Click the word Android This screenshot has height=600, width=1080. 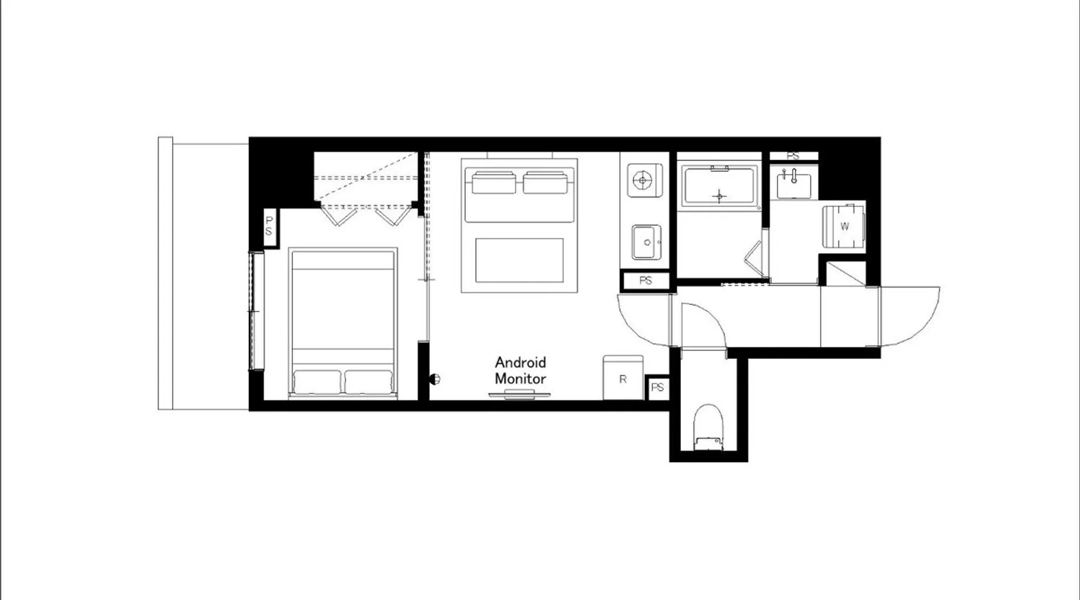tap(520, 362)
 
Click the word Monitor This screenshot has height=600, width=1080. tap(520, 379)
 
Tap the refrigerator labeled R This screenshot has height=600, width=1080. tap(623, 377)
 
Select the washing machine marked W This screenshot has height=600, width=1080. tap(844, 226)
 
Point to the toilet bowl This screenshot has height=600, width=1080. tap(708, 427)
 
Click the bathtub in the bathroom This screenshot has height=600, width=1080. tap(719, 187)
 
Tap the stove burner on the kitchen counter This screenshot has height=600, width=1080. tap(643, 180)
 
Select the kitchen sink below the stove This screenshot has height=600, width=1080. tap(647, 242)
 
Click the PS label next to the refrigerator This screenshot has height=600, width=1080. tap(658, 388)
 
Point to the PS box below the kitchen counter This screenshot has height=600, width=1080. tap(645, 280)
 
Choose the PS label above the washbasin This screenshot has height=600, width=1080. tap(793, 156)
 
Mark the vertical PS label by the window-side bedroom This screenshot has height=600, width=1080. tap(269, 227)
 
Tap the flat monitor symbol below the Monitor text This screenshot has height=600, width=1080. tap(520, 394)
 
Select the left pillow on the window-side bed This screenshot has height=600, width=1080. tap(317, 382)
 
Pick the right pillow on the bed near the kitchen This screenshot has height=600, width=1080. tap(545, 182)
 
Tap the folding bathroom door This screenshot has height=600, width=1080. tap(755, 259)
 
